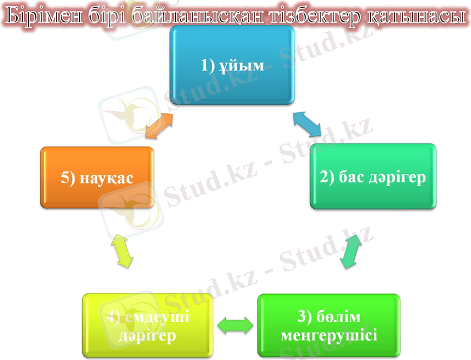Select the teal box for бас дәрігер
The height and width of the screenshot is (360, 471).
click(373, 176)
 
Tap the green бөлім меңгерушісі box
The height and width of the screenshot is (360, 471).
click(328, 325)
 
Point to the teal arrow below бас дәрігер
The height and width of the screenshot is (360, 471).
click(351, 251)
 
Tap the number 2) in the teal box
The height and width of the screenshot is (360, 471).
click(326, 177)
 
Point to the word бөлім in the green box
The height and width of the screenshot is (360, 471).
click(341, 316)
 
